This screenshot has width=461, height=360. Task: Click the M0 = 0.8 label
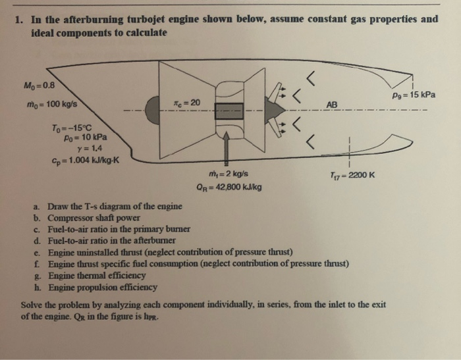[x=40, y=84]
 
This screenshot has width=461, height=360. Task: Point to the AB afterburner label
[x=332, y=105]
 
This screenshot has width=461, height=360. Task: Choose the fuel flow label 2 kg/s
[x=225, y=175]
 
